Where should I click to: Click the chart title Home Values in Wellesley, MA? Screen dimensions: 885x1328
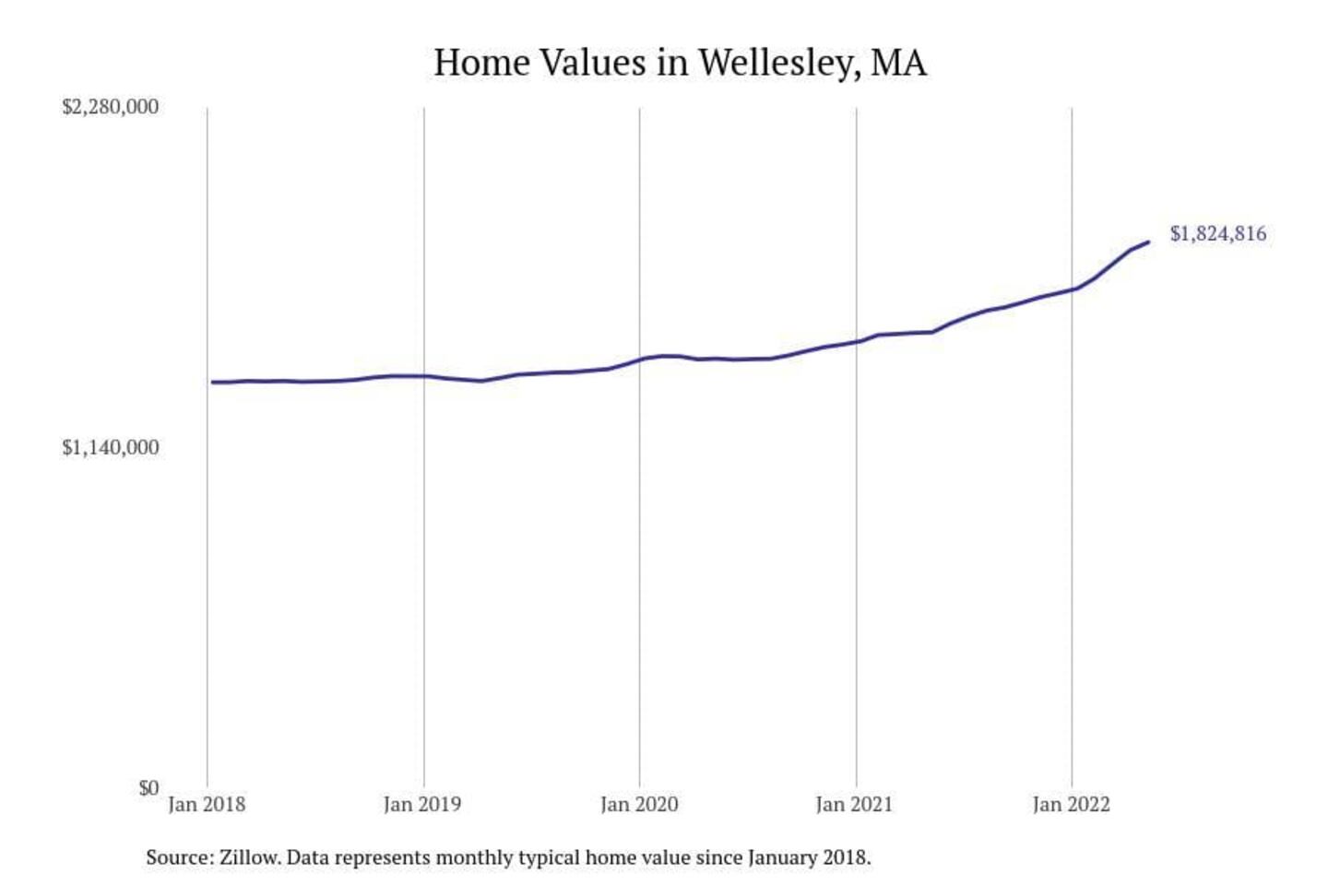click(680, 63)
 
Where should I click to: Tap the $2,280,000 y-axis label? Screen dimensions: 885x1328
click(110, 107)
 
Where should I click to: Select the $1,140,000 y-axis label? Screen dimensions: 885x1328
click(110, 448)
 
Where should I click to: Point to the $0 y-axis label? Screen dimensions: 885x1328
click(148, 788)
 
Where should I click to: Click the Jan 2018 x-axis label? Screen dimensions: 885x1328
click(207, 805)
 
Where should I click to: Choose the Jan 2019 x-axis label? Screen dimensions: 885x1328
click(422, 805)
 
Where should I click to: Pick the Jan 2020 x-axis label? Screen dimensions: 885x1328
click(639, 805)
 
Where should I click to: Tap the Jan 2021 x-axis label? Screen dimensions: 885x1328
click(854, 805)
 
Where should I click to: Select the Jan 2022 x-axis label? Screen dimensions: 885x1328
click(1071, 805)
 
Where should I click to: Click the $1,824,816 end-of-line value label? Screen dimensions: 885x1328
click(1218, 234)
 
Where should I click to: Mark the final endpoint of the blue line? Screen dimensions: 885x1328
click(1148, 242)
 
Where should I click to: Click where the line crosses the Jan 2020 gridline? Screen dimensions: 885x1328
click(640, 360)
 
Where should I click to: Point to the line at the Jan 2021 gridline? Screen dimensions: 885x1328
click(856, 342)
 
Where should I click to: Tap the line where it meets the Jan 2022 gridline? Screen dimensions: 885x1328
click(1072, 289)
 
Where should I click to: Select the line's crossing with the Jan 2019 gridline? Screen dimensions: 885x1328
click(424, 376)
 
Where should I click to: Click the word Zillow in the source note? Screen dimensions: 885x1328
click(249, 858)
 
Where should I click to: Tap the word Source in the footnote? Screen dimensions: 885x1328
click(177, 858)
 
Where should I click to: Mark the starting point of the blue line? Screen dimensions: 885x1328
click(212, 382)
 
